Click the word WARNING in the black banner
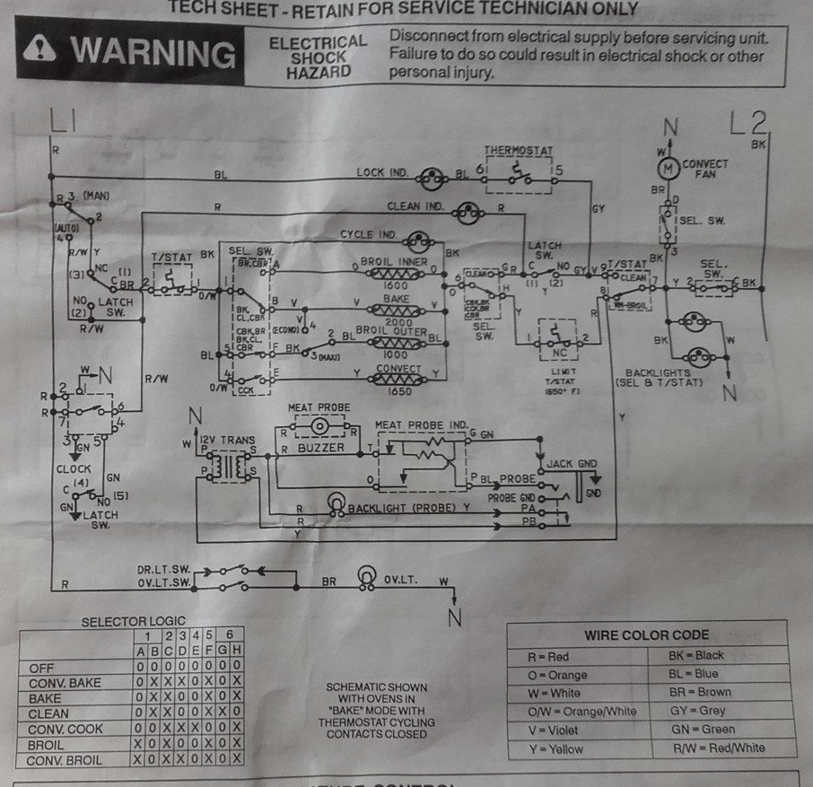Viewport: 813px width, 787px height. pos(153,53)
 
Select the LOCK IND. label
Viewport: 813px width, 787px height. pos(383,171)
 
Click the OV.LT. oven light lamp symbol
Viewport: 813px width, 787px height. pos(365,575)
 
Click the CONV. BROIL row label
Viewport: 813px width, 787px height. pos(66,760)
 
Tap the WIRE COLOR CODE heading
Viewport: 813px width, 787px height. pos(646,634)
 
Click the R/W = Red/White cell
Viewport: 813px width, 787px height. pos(717,748)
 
